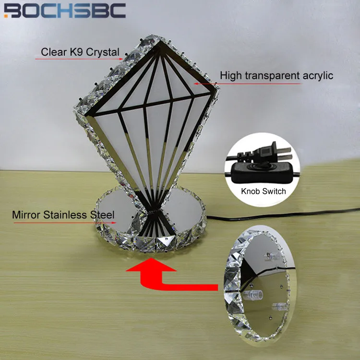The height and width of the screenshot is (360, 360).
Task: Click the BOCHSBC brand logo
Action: (x=65, y=11)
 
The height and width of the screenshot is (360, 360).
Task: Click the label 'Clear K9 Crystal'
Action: (x=80, y=52)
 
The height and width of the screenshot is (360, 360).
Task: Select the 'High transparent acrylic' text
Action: (x=276, y=75)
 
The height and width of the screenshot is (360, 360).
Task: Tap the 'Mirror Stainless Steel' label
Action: (x=63, y=215)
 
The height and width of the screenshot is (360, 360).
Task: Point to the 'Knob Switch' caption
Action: (x=264, y=191)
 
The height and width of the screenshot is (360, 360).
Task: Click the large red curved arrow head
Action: (x=151, y=265)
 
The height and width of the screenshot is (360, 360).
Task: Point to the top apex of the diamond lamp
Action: (x=160, y=41)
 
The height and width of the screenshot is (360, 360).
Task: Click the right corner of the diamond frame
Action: (x=216, y=85)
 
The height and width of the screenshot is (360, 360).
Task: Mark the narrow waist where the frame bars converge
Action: (x=151, y=211)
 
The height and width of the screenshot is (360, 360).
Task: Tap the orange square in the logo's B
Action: (x=6, y=16)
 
